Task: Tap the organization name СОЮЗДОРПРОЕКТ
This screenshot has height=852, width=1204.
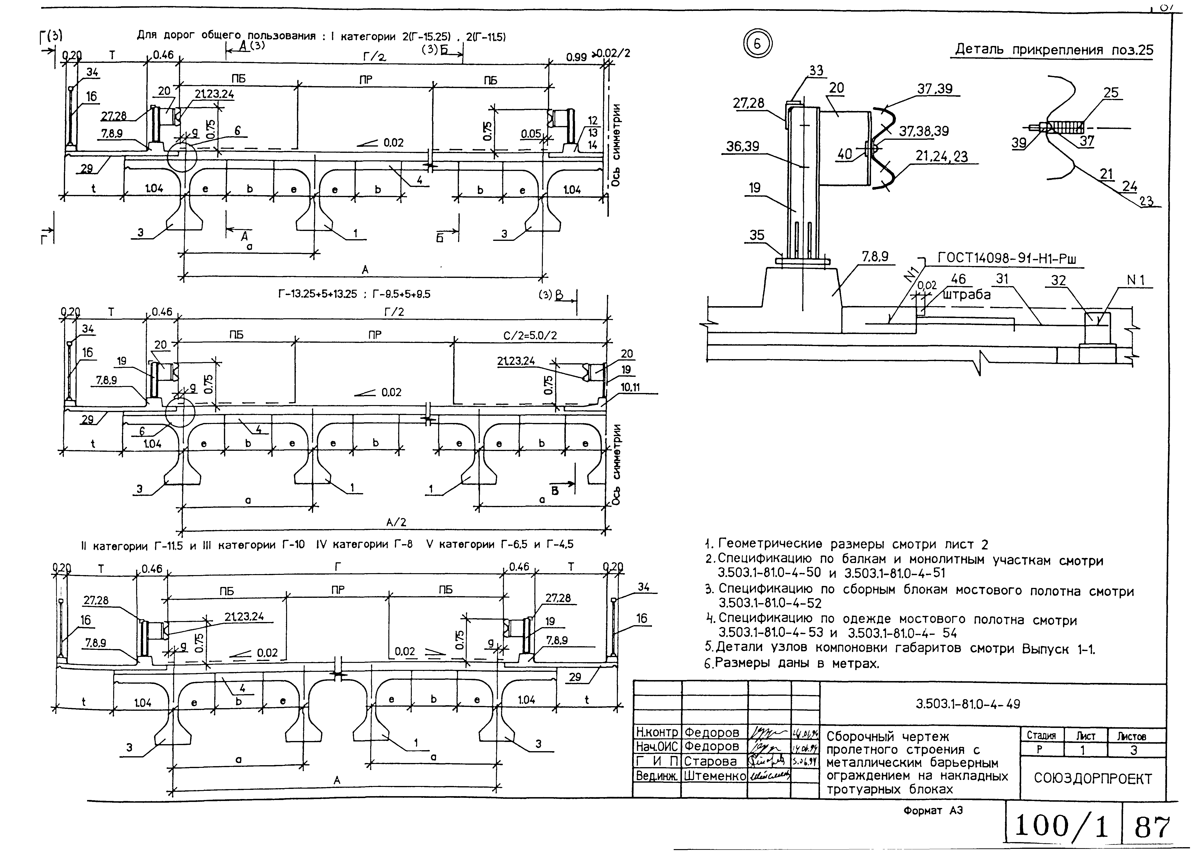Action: (1093, 778)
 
